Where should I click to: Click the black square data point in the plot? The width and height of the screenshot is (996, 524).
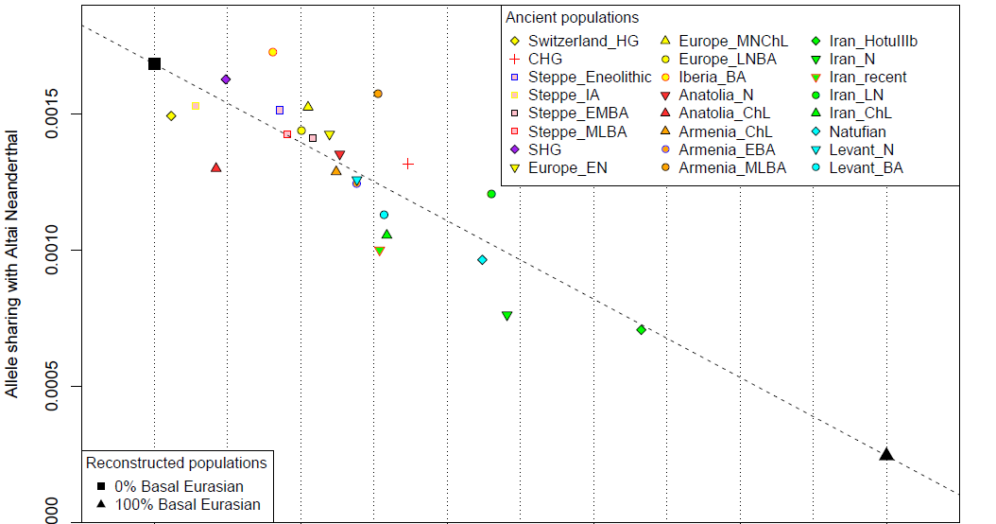[x=154, y=63]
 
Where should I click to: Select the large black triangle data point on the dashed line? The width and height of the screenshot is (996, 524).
[x=886, y=454]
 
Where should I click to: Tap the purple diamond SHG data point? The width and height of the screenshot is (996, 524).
[x=226, y=79]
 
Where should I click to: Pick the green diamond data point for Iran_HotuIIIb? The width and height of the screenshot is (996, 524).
[x=642, y=329]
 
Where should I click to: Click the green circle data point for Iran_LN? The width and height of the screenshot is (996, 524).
[x=491, y=194]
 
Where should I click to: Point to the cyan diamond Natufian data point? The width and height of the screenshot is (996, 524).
[x=482, y=260]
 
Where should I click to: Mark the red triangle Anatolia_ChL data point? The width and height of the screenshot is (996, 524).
[x=216, y=167]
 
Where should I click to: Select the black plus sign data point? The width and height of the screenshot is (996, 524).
[x=408, y=164]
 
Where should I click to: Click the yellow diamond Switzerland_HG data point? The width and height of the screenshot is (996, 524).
[x=171, y=116]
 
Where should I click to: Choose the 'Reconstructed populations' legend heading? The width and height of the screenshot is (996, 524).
[x=176, y=463]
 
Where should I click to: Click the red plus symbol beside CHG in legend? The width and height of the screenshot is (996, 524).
[x=514, y=60]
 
